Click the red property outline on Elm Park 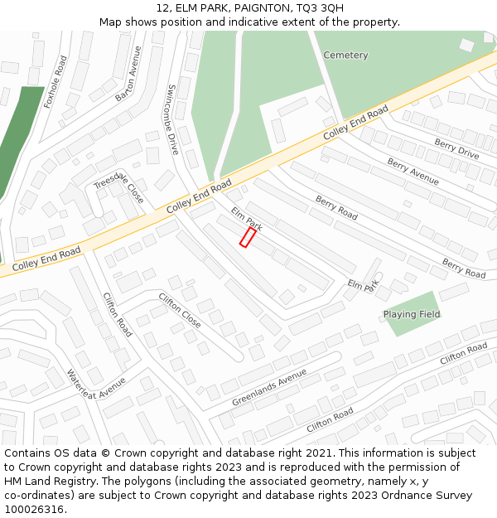click(x=248, y=237)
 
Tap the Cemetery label click(x=345, y=56)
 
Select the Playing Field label click(x=412, y=315)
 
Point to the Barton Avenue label click(x=128, y=75)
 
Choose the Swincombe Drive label click(x=173, y=119)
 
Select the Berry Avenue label click(x=413, y=172)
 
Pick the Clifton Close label click(x=180, y=310)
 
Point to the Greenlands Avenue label click(x=269, y=388)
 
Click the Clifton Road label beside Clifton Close click(x=117, y=314)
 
